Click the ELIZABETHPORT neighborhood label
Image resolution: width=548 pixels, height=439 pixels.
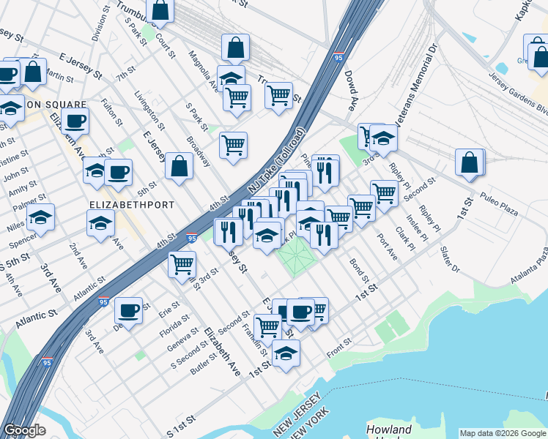132,205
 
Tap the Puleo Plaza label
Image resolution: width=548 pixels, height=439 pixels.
499,204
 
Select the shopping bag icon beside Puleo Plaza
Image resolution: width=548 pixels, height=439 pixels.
470,162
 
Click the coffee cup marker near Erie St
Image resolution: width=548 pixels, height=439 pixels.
128,310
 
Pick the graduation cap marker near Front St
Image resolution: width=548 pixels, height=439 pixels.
286,353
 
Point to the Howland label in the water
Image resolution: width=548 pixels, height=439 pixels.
388,429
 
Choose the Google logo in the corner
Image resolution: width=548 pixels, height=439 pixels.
24,429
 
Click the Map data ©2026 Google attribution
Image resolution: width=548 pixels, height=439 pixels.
502,433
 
